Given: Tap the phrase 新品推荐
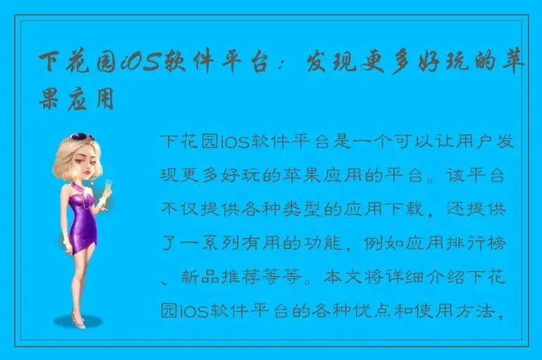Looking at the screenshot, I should (x=219, y=277).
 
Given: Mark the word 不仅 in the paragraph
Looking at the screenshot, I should (x=177, y=210).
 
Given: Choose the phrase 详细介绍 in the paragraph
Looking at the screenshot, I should (x=419, y=277).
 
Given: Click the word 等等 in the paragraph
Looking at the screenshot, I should (x=287, y=277).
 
